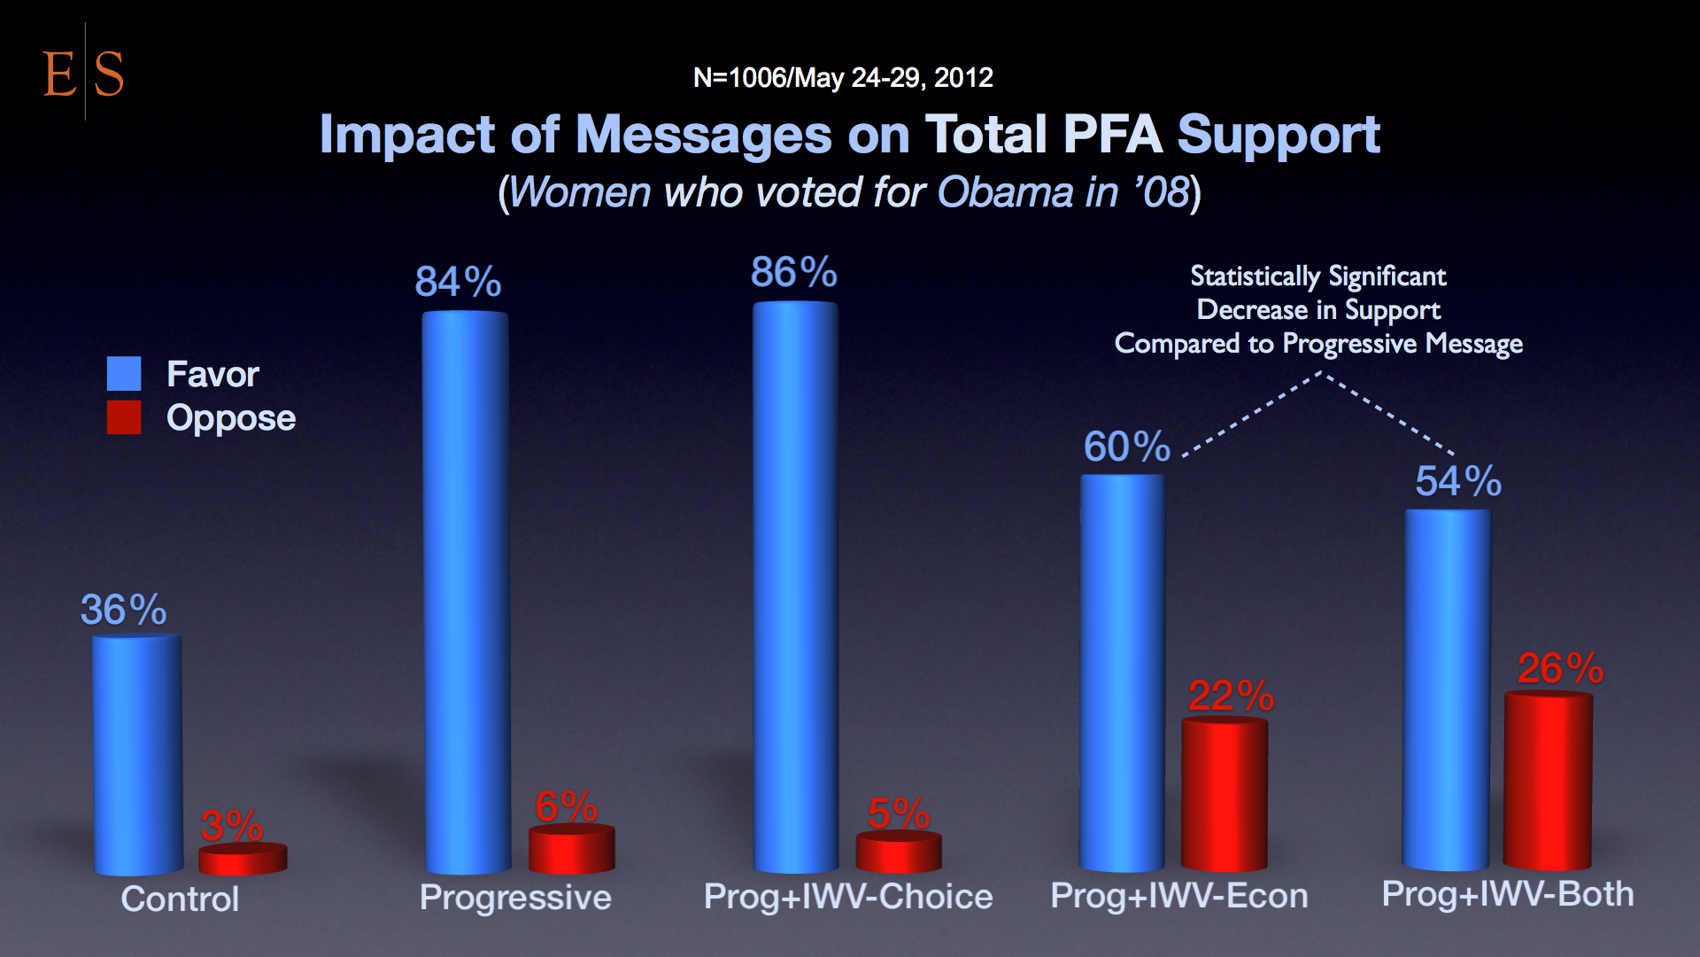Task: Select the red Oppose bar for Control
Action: [243, 859]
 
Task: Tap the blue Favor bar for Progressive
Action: [466, 592]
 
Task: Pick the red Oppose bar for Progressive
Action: [571, 849]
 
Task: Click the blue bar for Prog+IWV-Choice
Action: [795, 587]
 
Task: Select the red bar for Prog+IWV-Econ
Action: [1225, 794]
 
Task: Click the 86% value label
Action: [794, 272]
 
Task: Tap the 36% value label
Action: [123, 610]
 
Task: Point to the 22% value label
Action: [1231, 696]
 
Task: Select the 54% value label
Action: [1458, 481]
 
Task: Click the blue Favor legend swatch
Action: [124, 374]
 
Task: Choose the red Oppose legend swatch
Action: [124, 417]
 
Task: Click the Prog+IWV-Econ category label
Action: [1178, 896]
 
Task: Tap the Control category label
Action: [180, 899]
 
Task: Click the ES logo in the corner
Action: [83, 73]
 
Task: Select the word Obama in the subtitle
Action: [1005, 192]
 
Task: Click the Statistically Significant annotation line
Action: [1317, 276]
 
